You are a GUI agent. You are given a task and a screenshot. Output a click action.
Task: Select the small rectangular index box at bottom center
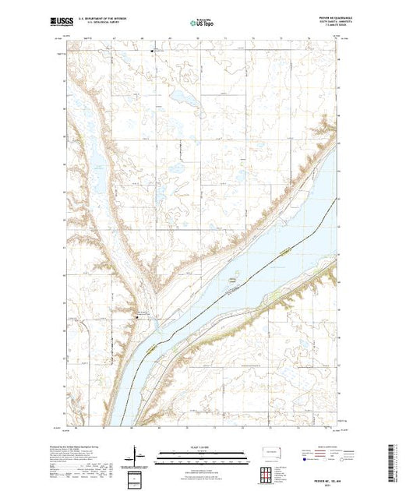[137, 477]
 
